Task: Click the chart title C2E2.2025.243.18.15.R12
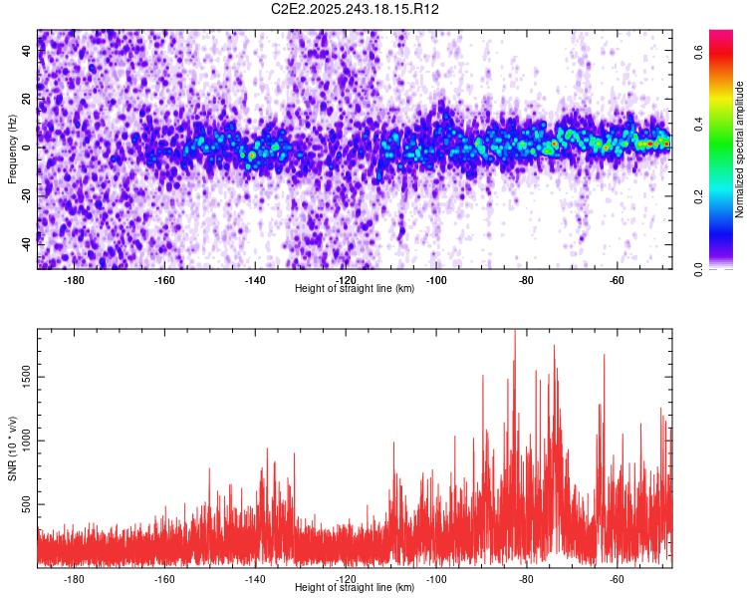(x=356, y=9)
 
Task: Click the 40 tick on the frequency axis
(x=26, y=51)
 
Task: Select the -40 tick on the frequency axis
(x=24, y=244)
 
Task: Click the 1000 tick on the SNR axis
(x=21, y=441)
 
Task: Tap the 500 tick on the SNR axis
(x=24, y=505)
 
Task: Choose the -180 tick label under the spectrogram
(x=74, y=280)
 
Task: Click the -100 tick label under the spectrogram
(x=436, y=280)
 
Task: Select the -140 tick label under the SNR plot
(x=255, y=578)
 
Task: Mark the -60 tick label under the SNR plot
(x=617, y=578)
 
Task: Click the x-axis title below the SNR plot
(x=355, y=588)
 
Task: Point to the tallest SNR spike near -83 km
(x=515, y=333)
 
